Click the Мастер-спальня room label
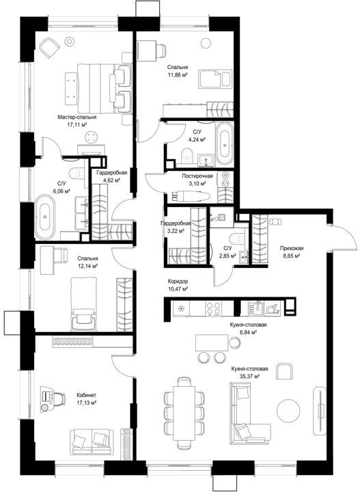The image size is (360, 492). pos(77,117)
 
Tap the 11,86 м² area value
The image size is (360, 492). pos(178,74)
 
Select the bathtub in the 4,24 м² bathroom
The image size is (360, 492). pos(225,143)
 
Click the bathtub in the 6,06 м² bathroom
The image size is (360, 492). pos(45,217)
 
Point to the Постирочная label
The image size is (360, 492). pos(197,176)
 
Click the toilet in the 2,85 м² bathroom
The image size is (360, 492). pos(237,238)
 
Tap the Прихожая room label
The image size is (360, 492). pos(292,248)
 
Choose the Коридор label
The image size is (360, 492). pos(178,282)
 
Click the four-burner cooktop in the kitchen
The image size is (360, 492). pos(213,308)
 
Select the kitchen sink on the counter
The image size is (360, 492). pos(257,307)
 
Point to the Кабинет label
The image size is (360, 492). pos(86,395)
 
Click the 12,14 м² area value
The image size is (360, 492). pos(88,266)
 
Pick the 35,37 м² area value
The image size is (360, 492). pos(249,377)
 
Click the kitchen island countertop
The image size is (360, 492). pos(212,342)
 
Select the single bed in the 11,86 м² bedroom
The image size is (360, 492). pos(214,79)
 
